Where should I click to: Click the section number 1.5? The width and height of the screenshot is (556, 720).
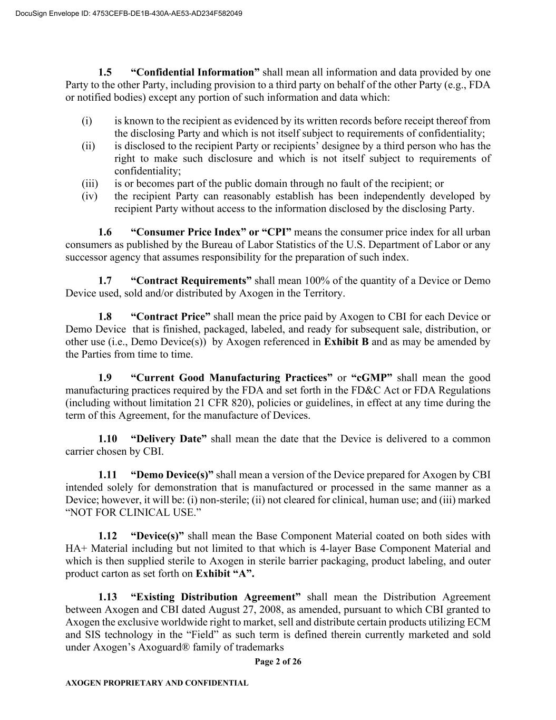[x=105, y=72]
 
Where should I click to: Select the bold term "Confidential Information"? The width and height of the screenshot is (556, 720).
[x=195, y=72]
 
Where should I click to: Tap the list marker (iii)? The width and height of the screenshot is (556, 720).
[x=90, y=184]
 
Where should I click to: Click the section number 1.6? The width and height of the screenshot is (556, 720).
[x=105, y=232]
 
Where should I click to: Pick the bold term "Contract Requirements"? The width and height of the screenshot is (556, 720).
[x=191, y=281]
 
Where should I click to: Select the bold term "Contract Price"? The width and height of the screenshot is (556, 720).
[x=170, y=316]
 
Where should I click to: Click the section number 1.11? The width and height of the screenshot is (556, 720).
[x=108, y=475]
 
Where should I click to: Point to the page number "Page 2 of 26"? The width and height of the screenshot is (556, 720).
[x=278, y=662]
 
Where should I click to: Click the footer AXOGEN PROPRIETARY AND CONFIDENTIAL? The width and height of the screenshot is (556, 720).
[x=157, y=683]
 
